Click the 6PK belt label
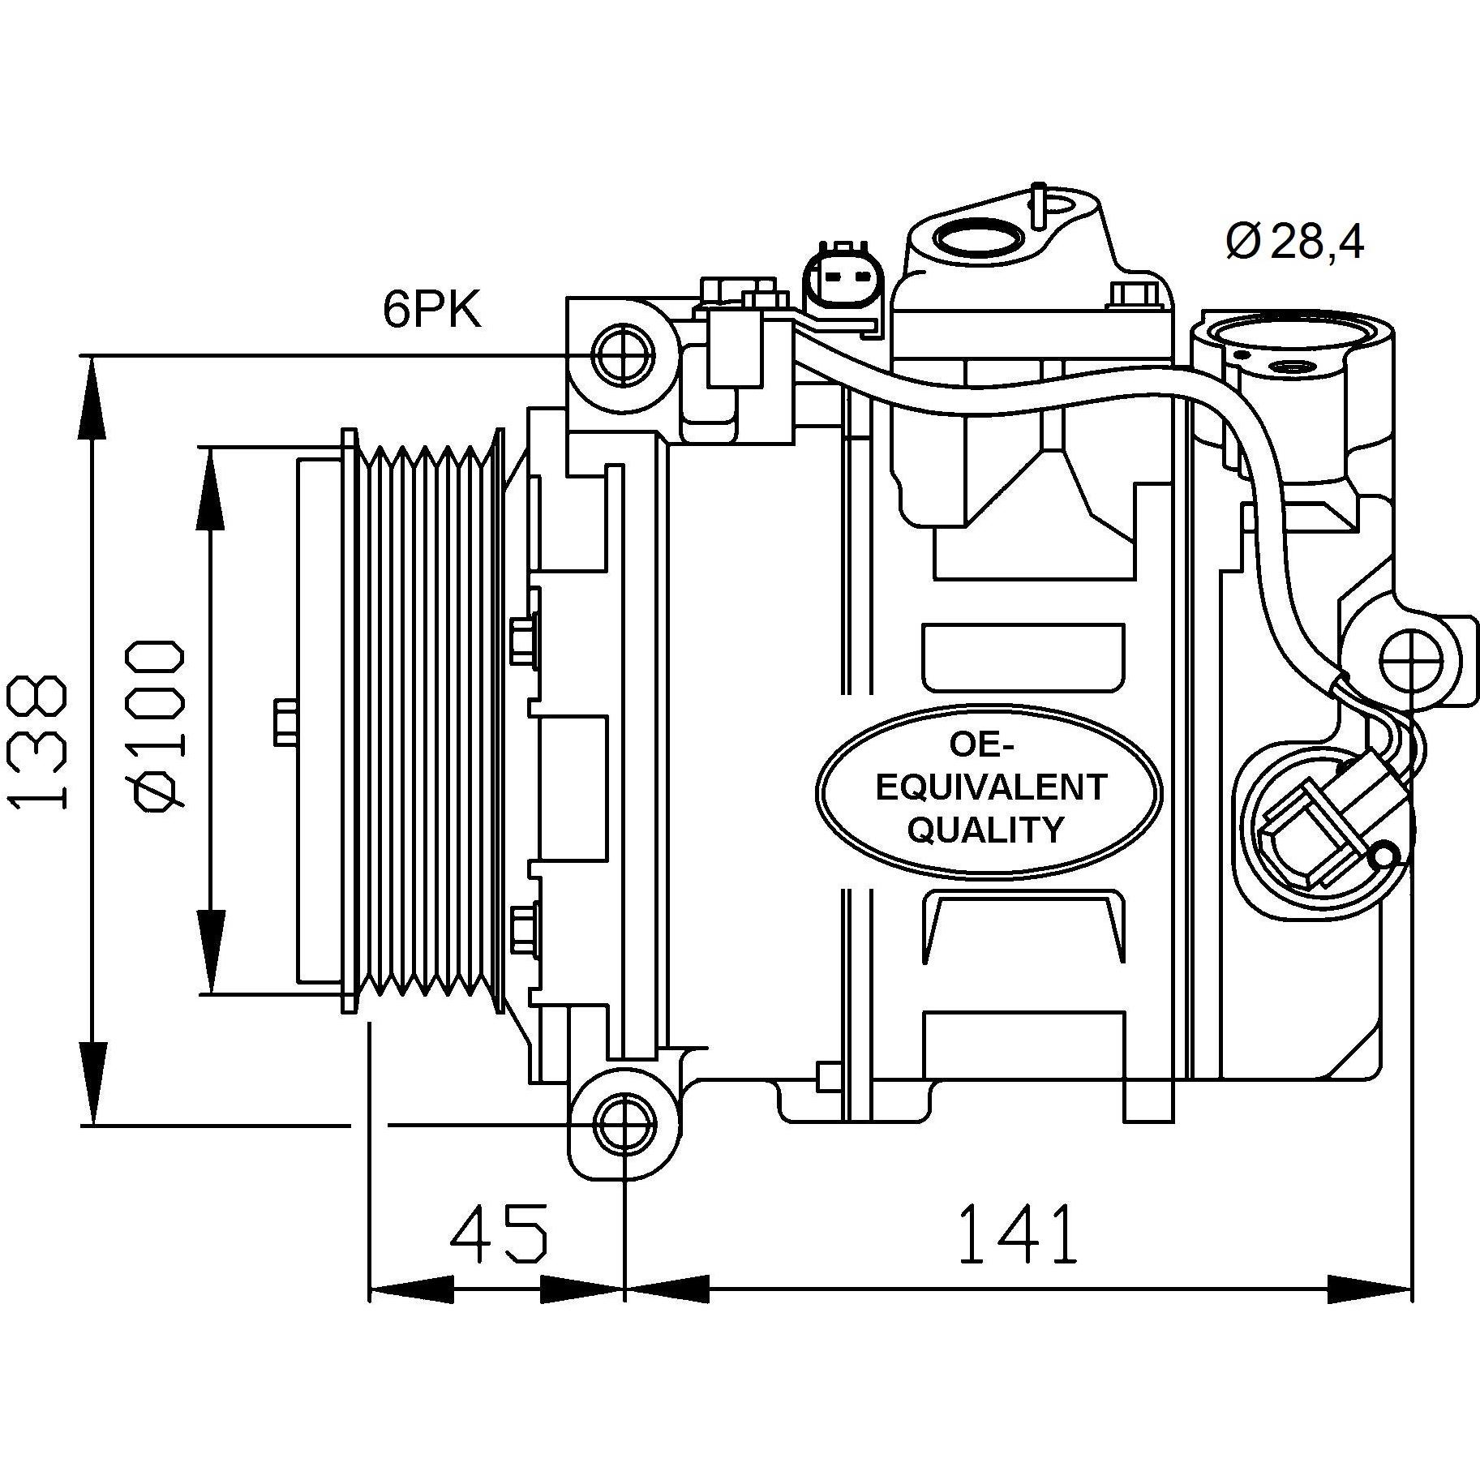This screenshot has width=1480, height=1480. (431, 311)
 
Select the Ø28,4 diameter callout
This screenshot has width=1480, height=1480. (1294, 241)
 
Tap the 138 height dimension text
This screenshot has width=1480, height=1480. (36, 741)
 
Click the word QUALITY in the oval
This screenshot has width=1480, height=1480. (985, 830)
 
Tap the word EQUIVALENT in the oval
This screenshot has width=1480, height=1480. (991, 787)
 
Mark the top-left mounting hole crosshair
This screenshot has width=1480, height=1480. (624, 355)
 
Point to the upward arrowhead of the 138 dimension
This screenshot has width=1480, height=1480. (93, 397)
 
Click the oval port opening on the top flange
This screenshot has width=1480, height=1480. (978, 238)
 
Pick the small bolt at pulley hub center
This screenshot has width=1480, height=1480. (284, 722)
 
